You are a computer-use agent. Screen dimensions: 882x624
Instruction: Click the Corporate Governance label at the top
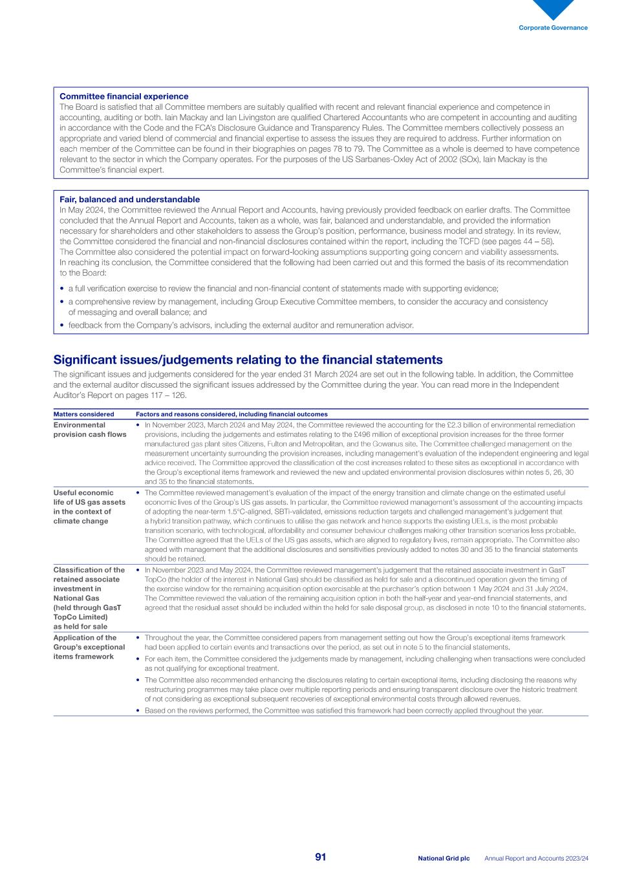pyautogui.click(x=553, y=28)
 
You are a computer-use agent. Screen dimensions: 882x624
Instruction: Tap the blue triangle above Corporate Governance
pyautogui.click(x=553, y=8)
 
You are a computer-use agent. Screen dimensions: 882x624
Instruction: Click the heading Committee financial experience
pyautogui.click(x=124, y=96)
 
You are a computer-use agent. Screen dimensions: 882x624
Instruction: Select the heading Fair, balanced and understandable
pyautogui.click(x=129, y=200)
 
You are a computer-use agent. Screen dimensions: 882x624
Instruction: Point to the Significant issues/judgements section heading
pyautogui.click(x=248, y=360)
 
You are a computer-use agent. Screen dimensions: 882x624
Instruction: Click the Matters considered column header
pyautogui.click(x=83, y=414)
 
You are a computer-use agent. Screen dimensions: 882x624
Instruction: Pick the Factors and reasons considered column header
pyautogui.click(x=231, y=414)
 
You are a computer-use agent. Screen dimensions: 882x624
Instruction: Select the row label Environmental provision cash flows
pyautogui.click(x=89, y=430)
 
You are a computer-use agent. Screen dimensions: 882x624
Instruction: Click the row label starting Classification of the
pyautogui.click(x=89, y=598)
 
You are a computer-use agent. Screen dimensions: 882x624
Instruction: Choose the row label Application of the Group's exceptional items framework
pyautogui.click(x=89, y=647)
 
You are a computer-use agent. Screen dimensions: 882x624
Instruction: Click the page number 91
pyautogui.click(x=321, y=857)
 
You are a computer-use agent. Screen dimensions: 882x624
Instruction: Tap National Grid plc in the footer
pyautogui.click(x=444, y=858)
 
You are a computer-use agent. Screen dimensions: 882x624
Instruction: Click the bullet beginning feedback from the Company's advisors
pyautogui.click(x=241, y=325)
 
